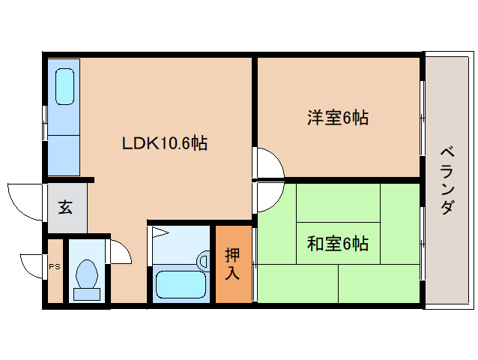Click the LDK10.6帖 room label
pyautogui.click(x=165, y=142)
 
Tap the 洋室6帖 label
pyautogui.click(x=337, y=118)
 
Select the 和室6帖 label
pyautogui.click(x=337, y=244)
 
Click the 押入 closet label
pyautogui.click(x=233, y=264)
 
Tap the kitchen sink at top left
pyautogui.click(x=64, y=88)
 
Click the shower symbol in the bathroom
pyautogui.click(x=159, y=232)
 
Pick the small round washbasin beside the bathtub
pyautogui.click(x=202, y=260)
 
